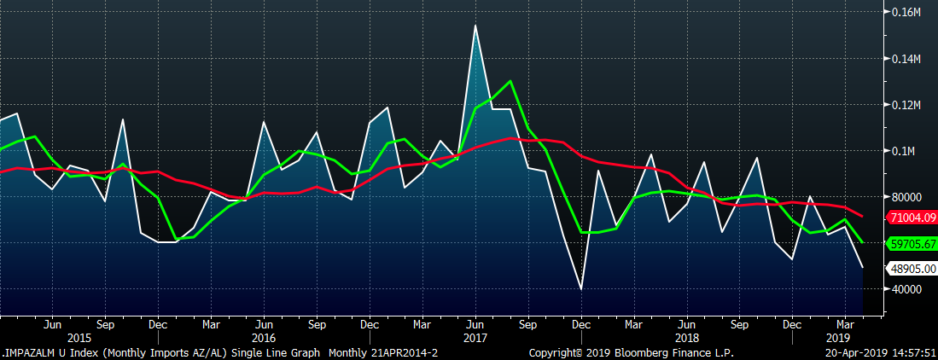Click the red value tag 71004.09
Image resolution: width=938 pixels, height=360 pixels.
click(x=912, y=218)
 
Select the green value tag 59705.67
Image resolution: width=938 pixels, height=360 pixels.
click(x=912, y=243)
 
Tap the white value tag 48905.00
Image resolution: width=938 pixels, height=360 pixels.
click(x=912, y=269)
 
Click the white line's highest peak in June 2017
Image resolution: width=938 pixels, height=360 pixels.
click(x=475, y=26)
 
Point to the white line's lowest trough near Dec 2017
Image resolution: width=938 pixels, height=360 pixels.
click(x=581, y=289)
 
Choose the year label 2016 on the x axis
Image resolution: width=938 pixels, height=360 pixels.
click(x=264, y=338)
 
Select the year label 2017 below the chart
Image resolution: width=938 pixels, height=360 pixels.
click(x=475, y=338)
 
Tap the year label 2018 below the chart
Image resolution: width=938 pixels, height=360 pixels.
click(x=685, y=338)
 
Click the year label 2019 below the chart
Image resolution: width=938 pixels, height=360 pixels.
click(x=843, y=338)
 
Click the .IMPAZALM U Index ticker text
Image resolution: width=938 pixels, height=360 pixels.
click(x=44, y=352)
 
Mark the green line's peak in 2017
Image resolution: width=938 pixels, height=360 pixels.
click(x=510, y=81)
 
